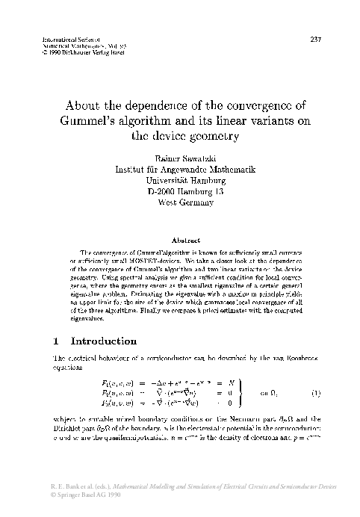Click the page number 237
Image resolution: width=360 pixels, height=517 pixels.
click(x=314, y=38)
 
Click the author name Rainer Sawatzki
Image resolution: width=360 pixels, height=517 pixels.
click(x=180, y=159)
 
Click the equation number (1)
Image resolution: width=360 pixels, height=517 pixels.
click(x=317, y=393)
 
